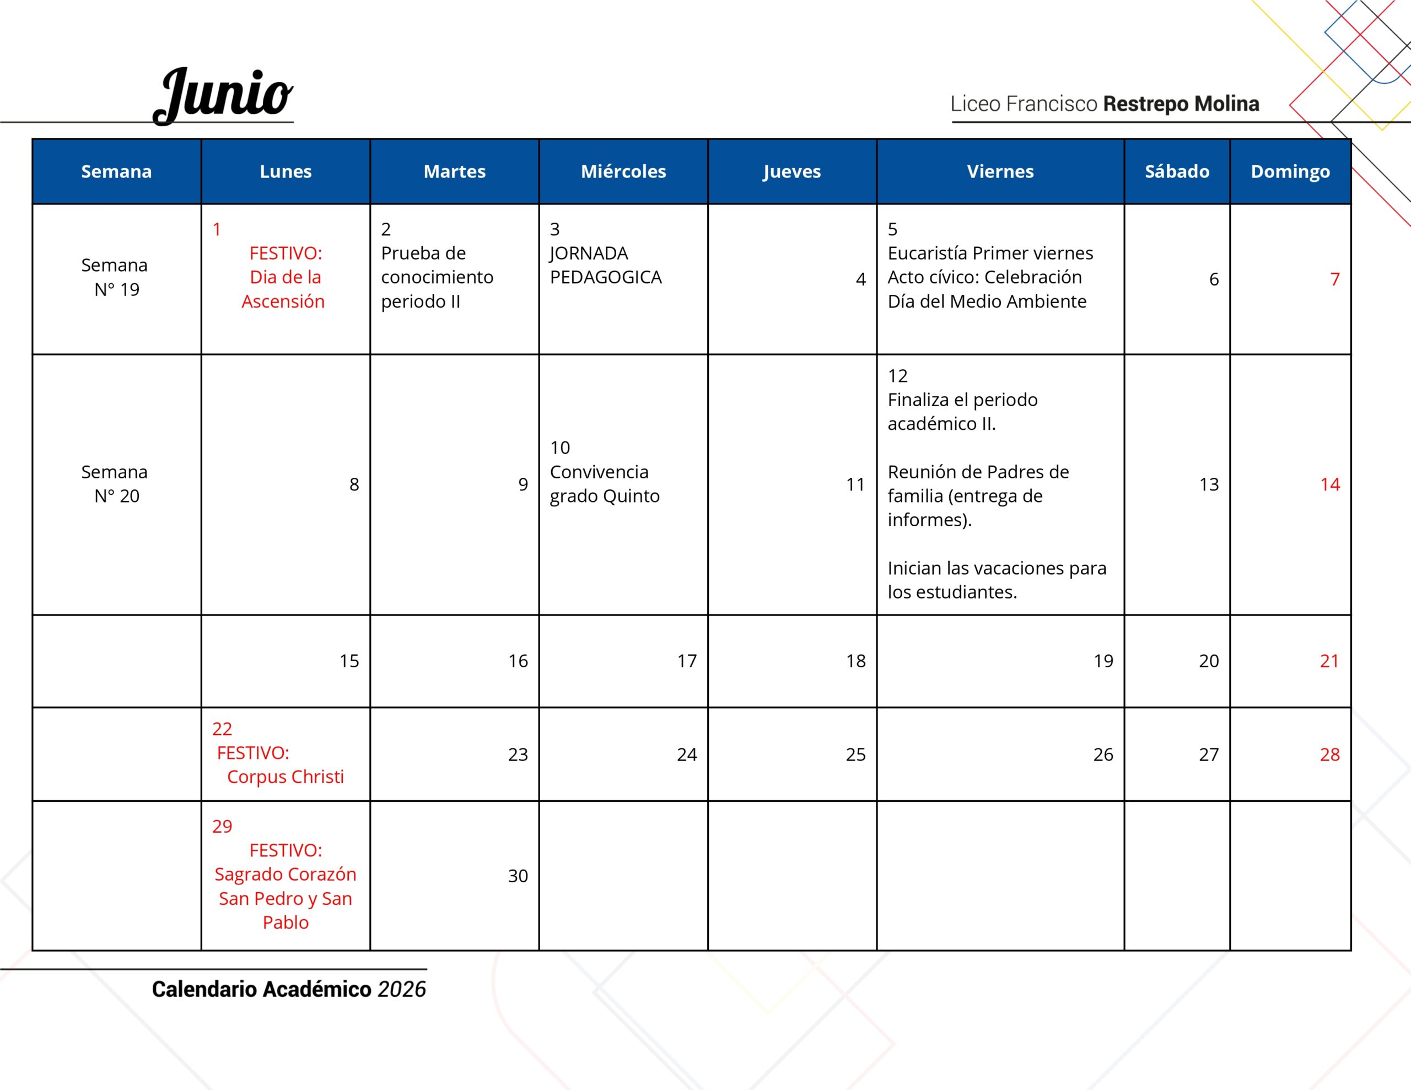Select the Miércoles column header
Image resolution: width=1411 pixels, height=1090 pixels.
point(623,171)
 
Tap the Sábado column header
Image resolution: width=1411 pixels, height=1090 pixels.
point(1177,171)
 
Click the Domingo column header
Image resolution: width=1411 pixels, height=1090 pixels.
point(1290,171)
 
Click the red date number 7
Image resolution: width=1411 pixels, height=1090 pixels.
point(1334,279)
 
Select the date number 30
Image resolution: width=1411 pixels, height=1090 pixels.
point(518,876)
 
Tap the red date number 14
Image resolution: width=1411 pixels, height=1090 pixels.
point(1329,484)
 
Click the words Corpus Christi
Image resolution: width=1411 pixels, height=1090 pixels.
point(285,776)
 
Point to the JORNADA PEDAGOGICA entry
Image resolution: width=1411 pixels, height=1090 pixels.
point(605,265)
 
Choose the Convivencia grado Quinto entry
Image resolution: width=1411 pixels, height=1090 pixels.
point(604,484)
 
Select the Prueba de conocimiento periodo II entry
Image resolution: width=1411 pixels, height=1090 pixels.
point(437,277)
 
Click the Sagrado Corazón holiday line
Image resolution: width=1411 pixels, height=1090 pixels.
point(285,874)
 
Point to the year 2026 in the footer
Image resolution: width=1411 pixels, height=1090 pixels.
point(401,989)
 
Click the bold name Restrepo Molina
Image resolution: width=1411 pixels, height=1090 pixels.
point(1181,104)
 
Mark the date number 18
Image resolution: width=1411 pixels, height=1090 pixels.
point(855,661)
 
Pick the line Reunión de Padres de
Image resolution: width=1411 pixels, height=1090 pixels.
point(977,472)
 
